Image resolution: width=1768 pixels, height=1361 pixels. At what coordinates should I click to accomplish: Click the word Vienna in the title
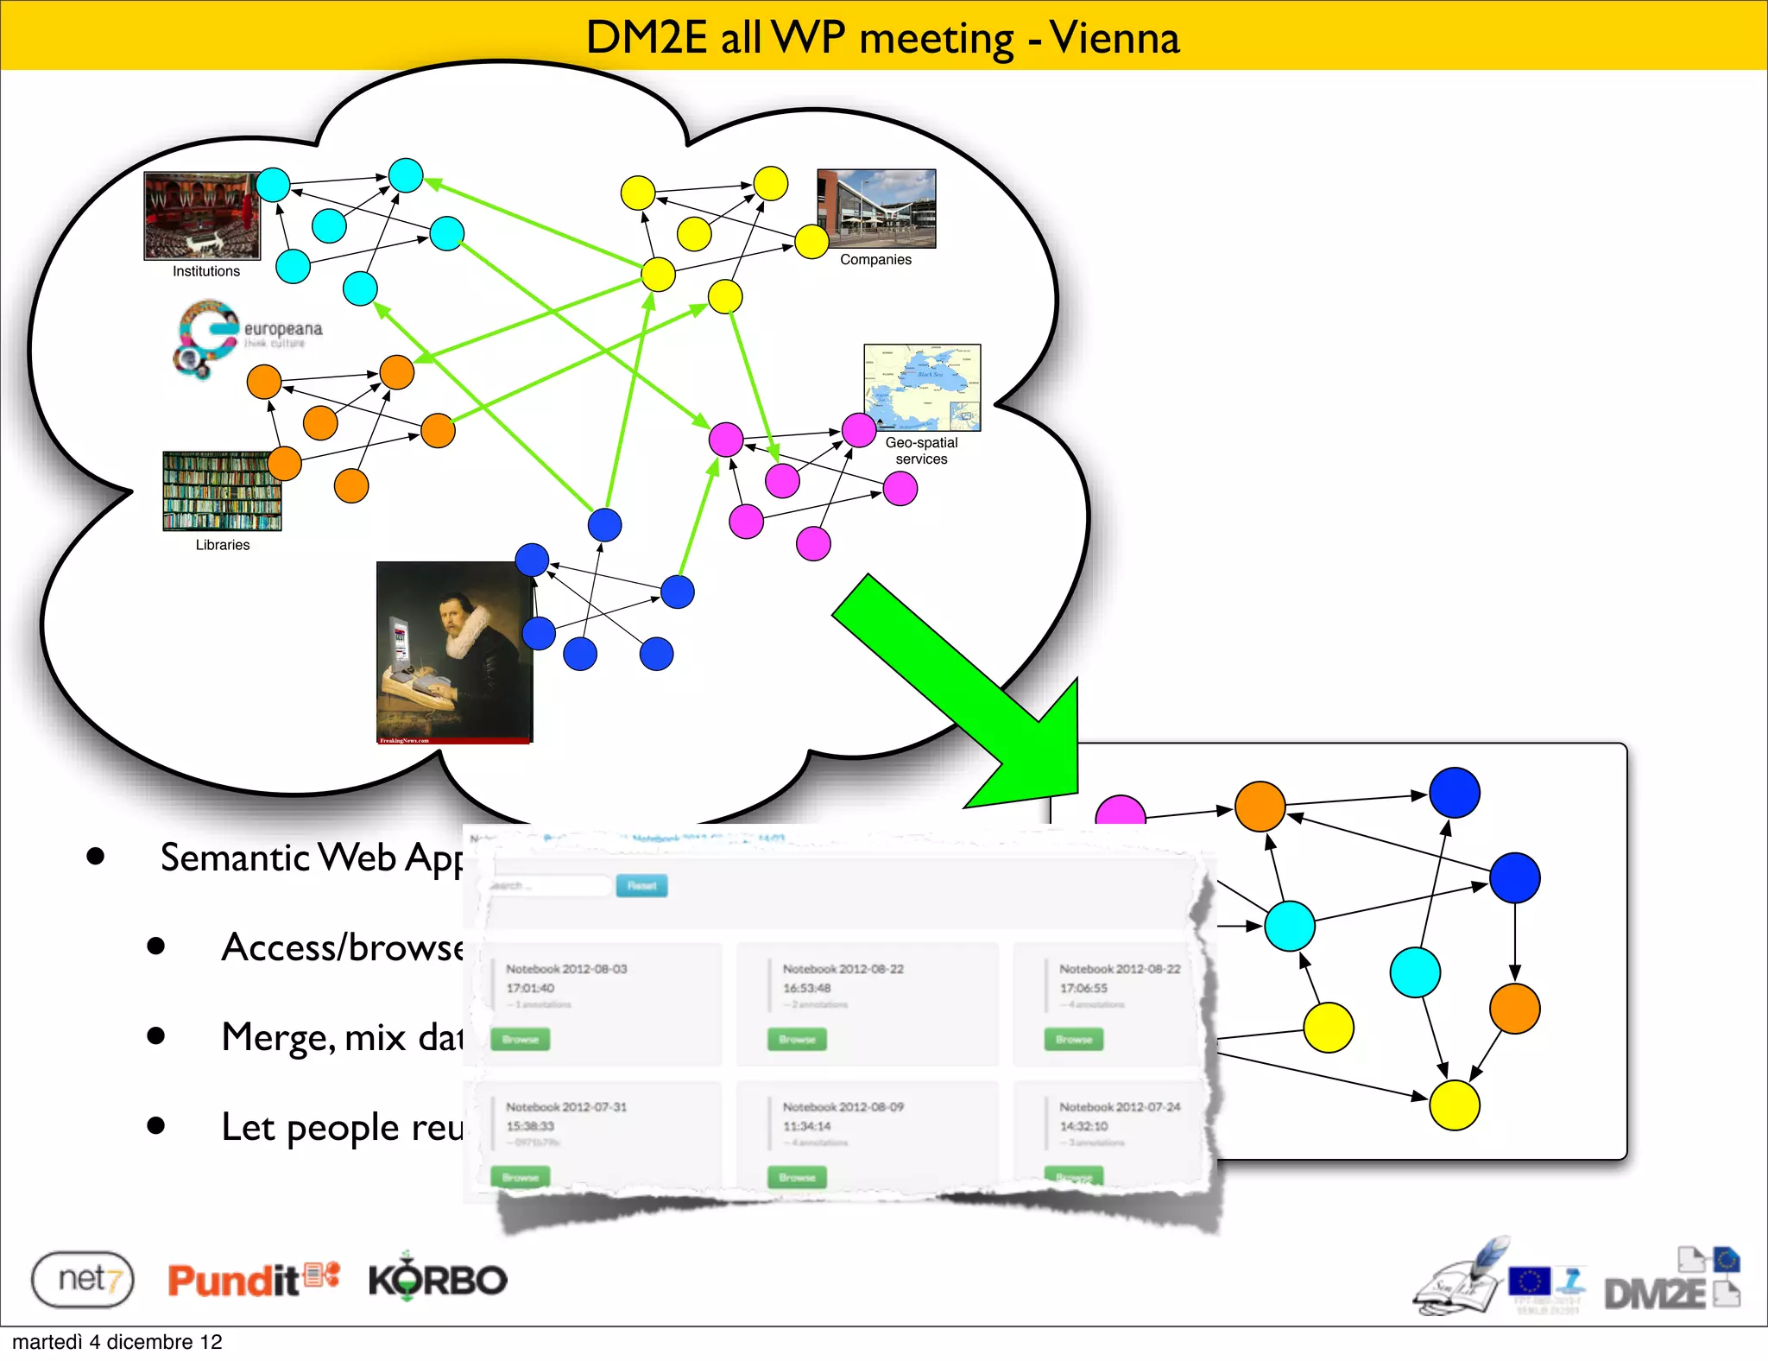click(x=1114, y=37)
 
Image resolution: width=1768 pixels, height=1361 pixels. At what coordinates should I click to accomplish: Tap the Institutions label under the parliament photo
click(x=206, y=271)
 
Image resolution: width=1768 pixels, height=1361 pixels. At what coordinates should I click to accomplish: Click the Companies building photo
click(x=876, y=208)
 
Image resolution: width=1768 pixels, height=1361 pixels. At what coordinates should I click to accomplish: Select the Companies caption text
click(x=875, y=260)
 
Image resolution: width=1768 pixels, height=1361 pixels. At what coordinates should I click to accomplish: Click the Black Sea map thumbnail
click(x=922, y=387)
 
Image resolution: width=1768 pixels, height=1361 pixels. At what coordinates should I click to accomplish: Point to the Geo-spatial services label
click(x=921, y=451)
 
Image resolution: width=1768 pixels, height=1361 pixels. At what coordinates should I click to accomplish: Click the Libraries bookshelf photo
click(x=222, y=491)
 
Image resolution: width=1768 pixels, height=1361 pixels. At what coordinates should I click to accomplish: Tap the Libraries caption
click(x=223, y=545)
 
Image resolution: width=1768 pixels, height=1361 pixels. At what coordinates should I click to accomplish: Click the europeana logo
click(x=247, y=338)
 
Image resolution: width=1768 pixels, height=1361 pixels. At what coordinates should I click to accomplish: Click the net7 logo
click(x=83, y=1279)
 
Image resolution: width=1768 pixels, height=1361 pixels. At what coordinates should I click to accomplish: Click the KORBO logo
click(x=438, y=1279)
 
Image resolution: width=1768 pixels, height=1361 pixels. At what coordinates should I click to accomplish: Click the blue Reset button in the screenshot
click(x=641, y=886)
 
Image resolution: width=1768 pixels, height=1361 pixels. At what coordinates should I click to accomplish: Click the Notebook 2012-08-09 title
click(x=843, y=1107)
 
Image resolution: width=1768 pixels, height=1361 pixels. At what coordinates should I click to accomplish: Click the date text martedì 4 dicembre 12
click(x=117, y=1342)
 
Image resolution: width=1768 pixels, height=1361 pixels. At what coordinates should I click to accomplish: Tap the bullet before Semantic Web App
click(x=95, y=857)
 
